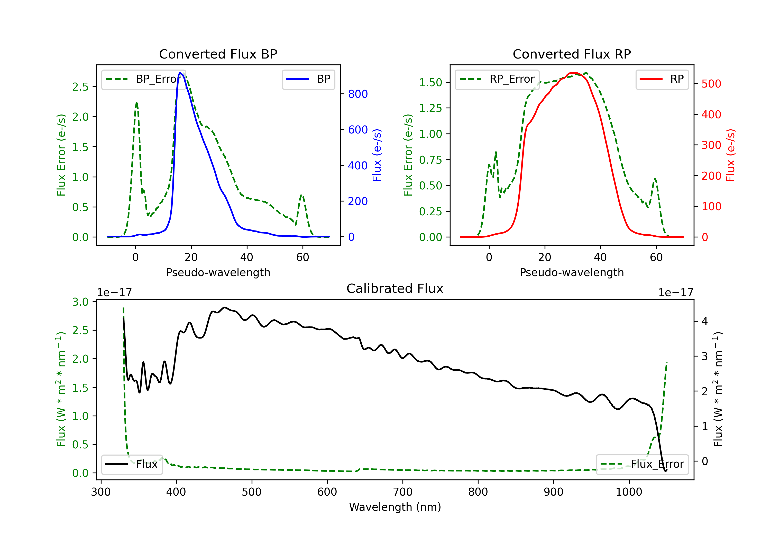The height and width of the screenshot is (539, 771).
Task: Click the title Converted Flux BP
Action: coord(218,54)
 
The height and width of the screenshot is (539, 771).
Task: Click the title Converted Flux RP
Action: coord(572,54)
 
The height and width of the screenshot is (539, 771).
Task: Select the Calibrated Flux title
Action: coord(395,288)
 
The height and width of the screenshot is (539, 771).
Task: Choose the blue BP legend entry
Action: coord(308,79)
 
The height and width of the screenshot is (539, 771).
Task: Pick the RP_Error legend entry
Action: coord(497,79)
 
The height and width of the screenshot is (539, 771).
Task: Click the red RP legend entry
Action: coord(662,79)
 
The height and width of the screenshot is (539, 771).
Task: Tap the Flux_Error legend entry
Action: coord(642,464)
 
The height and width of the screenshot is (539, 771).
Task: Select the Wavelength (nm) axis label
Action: coord(395,507)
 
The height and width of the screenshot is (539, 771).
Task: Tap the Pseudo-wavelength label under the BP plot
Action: coord(218,272)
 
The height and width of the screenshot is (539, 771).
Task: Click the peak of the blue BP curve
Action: coord(180,73)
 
